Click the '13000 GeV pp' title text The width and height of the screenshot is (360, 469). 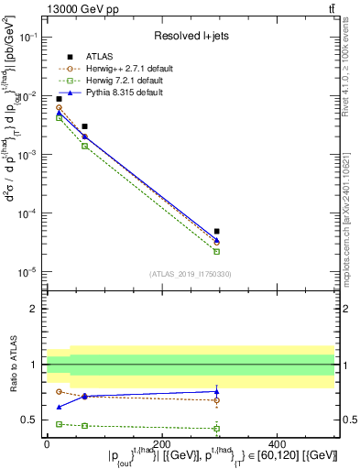click(80, 8)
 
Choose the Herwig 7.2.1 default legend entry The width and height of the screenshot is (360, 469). click(122, 81)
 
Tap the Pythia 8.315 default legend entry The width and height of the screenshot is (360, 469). click(121, 93)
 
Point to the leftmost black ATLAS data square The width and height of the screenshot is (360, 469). click(59, 99)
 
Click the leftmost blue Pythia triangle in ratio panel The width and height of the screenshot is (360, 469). click(59, 407)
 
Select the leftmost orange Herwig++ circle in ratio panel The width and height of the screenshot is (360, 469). click(59, 392)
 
